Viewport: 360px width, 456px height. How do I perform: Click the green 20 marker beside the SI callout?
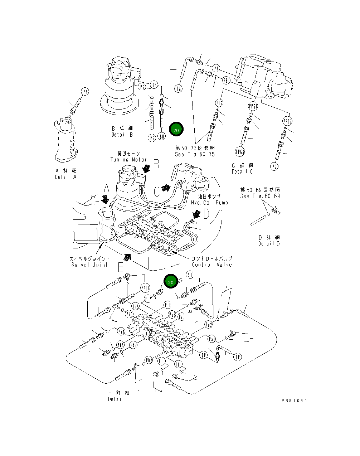pyautogui.click(x=171, y=282)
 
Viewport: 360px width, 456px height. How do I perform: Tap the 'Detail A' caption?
pyautogui.click(x=66, y=177)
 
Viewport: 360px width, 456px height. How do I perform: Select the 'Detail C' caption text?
pyautogui.click(x=242, y=171)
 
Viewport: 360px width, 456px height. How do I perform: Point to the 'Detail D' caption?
pyautogui.click(x=269, y=243)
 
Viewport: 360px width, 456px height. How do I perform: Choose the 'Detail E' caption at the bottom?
pyautogui.click(x=118, y=399)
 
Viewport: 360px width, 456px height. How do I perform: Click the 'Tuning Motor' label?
pyautogui.click(x=128, y=160)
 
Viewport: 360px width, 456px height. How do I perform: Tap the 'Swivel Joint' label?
pyautogui.click(x=89, y=265)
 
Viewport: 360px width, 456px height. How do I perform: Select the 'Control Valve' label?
pyautogui.click(x=211, y=265)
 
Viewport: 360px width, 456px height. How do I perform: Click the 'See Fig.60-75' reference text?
pyautogui.click(x=195, y=154)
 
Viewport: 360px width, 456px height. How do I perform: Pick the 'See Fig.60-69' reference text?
pyautogui.click(x=260, y=196)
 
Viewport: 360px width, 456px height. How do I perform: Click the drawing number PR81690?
pyautogui.click(x=294, y=401)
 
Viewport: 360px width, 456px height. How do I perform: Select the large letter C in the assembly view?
pyautogui.click(x=157, y=191)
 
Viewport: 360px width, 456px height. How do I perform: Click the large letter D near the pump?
pyautogui.click(x=206, y=214)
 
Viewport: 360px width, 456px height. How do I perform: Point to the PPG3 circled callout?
pyautogui.click(x=240, y=151)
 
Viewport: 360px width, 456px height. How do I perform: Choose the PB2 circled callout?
pyautogui.click(x=219, y=103)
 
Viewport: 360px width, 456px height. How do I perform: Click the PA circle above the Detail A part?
pyautogui.click(x=85, y=92)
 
